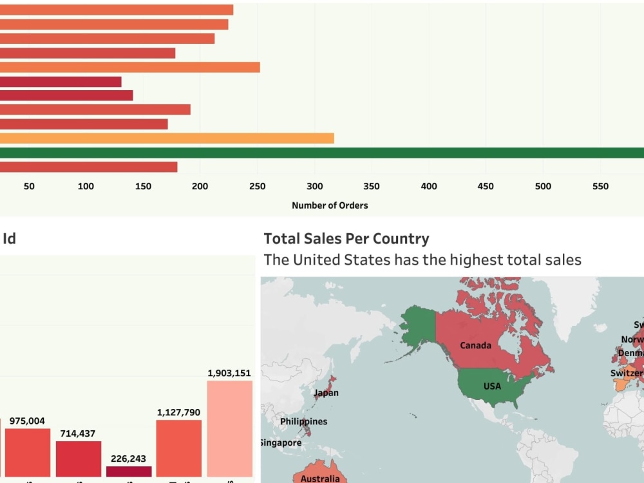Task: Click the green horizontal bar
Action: pos(322,153)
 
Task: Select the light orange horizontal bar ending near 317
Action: pos(167,138)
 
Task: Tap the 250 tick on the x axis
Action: pos(258,186)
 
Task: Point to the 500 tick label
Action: pos(543,186)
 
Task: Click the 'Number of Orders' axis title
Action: pos(330,205)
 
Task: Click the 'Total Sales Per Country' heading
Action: pos(346,239)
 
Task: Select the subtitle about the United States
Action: pos(422,260)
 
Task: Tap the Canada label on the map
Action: pos(475,345)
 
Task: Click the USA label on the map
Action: pos(492,386)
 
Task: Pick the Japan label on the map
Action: pos(326,393)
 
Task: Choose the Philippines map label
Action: pos(303,421)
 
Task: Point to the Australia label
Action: pos(320,478)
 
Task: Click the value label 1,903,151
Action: pos(229,373)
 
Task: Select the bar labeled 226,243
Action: pos(129,471)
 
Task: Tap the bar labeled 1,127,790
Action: pos(179,448)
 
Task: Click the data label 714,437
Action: pos(78,433)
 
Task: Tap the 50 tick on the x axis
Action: pos(29,186)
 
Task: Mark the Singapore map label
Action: pos(281,443)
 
